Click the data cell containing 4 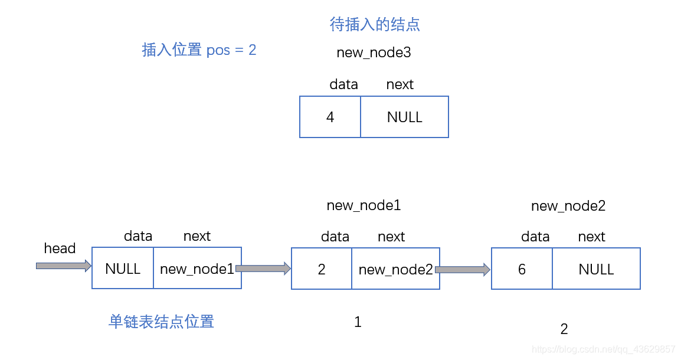tap(330, 117)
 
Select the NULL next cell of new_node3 tap(404, 117)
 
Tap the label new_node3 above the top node tap(374, 53)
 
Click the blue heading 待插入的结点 tap(375, 24)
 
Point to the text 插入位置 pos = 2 tap(199, 50)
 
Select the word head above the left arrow tap(60, 248)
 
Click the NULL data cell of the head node tap(123, 269)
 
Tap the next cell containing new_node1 tap(197, 269)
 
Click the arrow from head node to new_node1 tap(263, 269)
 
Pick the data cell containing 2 tap(322, 269)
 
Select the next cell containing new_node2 tap(395, 269)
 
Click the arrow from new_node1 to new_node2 tap(463, 270)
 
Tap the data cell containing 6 tap(522, 269)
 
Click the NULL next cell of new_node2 tap(596, 269)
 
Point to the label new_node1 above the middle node tap(364, 205)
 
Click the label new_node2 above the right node tap(568, 206)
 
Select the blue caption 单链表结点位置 tap(161, 322)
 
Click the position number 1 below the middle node tap(358, 322)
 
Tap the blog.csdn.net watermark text tap(603, 349)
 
